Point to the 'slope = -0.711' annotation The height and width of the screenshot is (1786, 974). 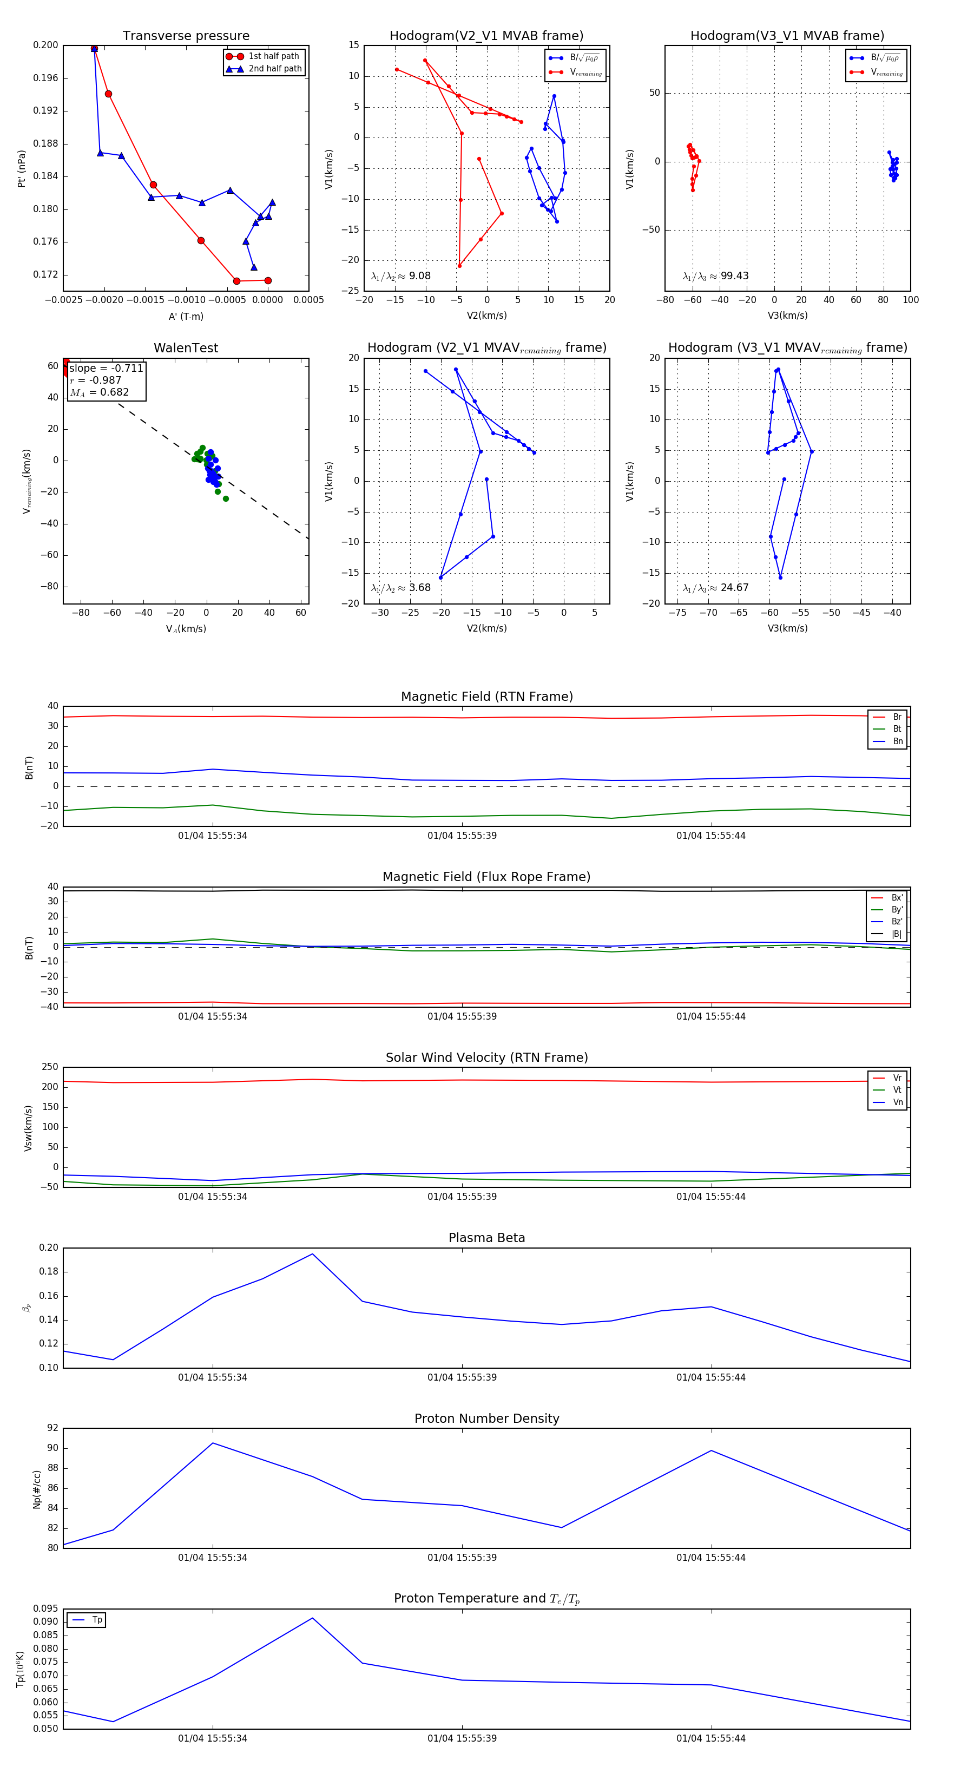(106, 368)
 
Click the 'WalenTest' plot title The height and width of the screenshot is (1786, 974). (186, 348)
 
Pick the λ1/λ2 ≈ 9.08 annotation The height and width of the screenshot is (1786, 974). (400, 276)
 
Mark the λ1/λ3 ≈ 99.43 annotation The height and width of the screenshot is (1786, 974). (715, 276)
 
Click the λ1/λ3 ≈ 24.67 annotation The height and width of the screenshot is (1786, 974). (715, 588)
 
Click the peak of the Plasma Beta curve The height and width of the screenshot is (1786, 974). (313, 1254)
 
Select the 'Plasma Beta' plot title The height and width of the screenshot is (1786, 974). (486, 1238)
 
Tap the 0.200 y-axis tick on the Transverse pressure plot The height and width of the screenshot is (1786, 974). (46, 45)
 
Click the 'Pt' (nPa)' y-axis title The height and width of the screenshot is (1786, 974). (22, 168)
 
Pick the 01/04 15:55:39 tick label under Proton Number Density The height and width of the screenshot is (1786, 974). (462, 1557)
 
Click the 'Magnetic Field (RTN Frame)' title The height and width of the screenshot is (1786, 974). (486, 697)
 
